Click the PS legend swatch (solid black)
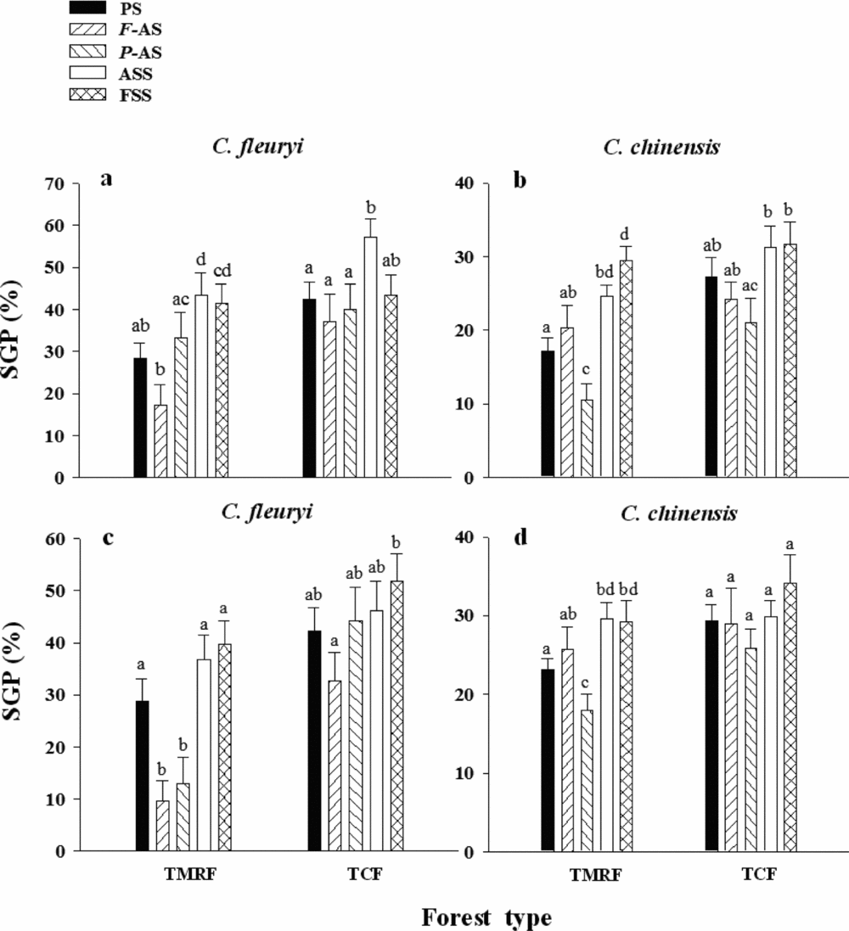87,8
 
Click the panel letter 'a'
107,179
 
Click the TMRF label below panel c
181,875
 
